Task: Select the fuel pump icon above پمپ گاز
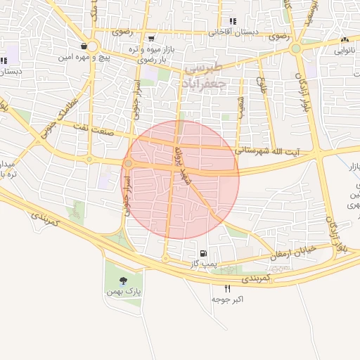point(203,252)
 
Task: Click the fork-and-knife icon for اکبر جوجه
point(227,288)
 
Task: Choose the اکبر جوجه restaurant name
point(228,300)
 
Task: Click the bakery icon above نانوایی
point(345,40)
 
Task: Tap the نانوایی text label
point(345,50)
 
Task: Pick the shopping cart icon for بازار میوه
point(151,38)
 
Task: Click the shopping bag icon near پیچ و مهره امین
point(84,46)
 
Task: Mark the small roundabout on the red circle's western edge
point(129,164)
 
